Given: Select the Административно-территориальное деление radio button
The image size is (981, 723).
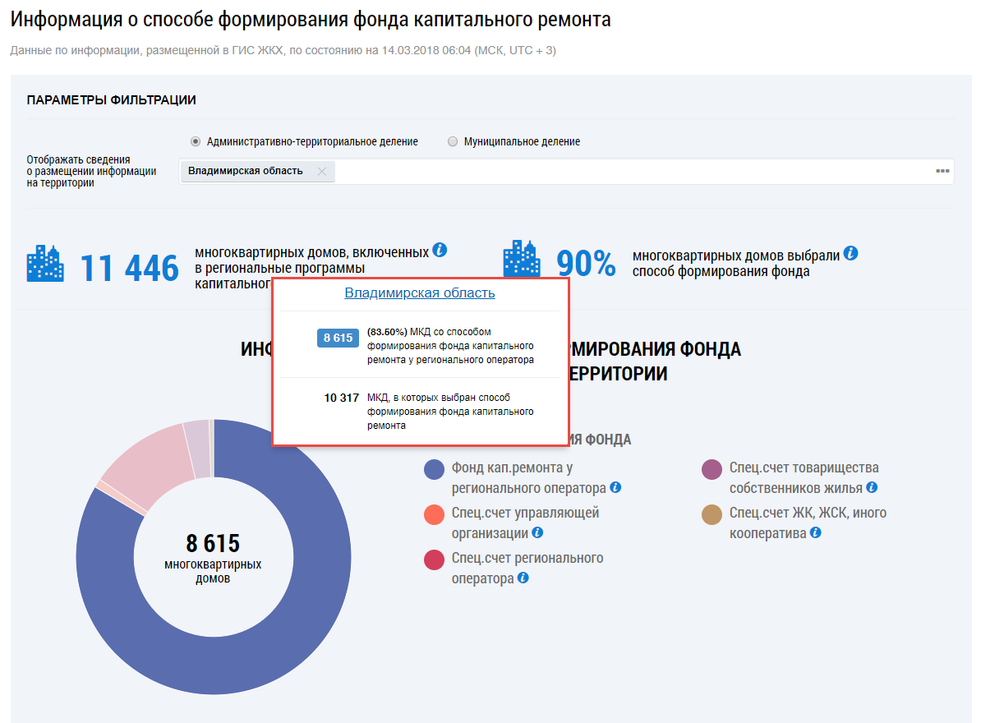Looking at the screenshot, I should pyautogui.click(x=196, y=141).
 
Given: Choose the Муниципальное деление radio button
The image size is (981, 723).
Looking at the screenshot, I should pyautogui.click(x=453, y=141).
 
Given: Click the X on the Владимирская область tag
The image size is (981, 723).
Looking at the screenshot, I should pyautogui.click(x=322, y=172).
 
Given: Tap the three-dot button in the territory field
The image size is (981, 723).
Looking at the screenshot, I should pyautogui.click(x=942, y=171).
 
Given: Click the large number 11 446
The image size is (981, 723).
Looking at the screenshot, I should pyautogui.click(x=129, y=268).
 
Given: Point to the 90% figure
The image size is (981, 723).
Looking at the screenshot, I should pyautogui.click(x=586, y=263).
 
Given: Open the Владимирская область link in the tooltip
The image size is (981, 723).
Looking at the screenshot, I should pyautogui.click(x=420, y=293).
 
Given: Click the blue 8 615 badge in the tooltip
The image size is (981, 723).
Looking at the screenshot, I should pyautogui.click(x=338, y=338).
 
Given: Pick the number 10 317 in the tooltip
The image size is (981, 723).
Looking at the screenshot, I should pyautogui.click(x=342, y=398).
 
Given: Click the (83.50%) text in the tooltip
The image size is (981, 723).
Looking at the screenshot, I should pyautogui.click(x=387, y=331).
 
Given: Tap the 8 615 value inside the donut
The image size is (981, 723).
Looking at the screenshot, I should pyautogui.click(x=213, y=543).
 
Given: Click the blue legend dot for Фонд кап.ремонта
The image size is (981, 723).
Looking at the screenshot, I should pyautogui.click(x=435, y=469).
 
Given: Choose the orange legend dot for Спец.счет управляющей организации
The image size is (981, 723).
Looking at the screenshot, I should pyautogui.click(x=435, y=514).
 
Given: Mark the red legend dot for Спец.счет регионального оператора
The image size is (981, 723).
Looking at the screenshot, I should pyautogui.click(x=435, y=560).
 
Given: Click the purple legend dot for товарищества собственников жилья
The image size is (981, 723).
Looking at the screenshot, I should pyautogui.click(x=712, y=469).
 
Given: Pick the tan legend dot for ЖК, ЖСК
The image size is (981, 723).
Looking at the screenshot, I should pyautogui.click(x=712, y=514).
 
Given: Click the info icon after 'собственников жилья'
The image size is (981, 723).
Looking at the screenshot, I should pyautogui.click(x=872, y=487).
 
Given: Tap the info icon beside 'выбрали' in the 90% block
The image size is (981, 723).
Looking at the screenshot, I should pyautogui.click(x=850, y=253).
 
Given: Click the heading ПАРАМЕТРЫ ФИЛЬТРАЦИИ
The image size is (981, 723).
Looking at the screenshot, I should pyautogui.click(x=111, y=100).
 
